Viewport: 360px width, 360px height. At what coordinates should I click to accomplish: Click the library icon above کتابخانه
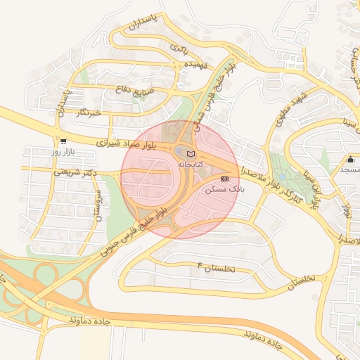191,154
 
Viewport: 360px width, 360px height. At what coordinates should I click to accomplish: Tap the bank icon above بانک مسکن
224,179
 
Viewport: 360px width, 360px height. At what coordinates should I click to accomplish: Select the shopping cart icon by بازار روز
63,141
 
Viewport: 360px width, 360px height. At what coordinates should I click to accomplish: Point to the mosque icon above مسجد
349,159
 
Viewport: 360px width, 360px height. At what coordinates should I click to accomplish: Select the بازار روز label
63,152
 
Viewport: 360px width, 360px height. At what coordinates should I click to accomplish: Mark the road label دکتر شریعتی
67,171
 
